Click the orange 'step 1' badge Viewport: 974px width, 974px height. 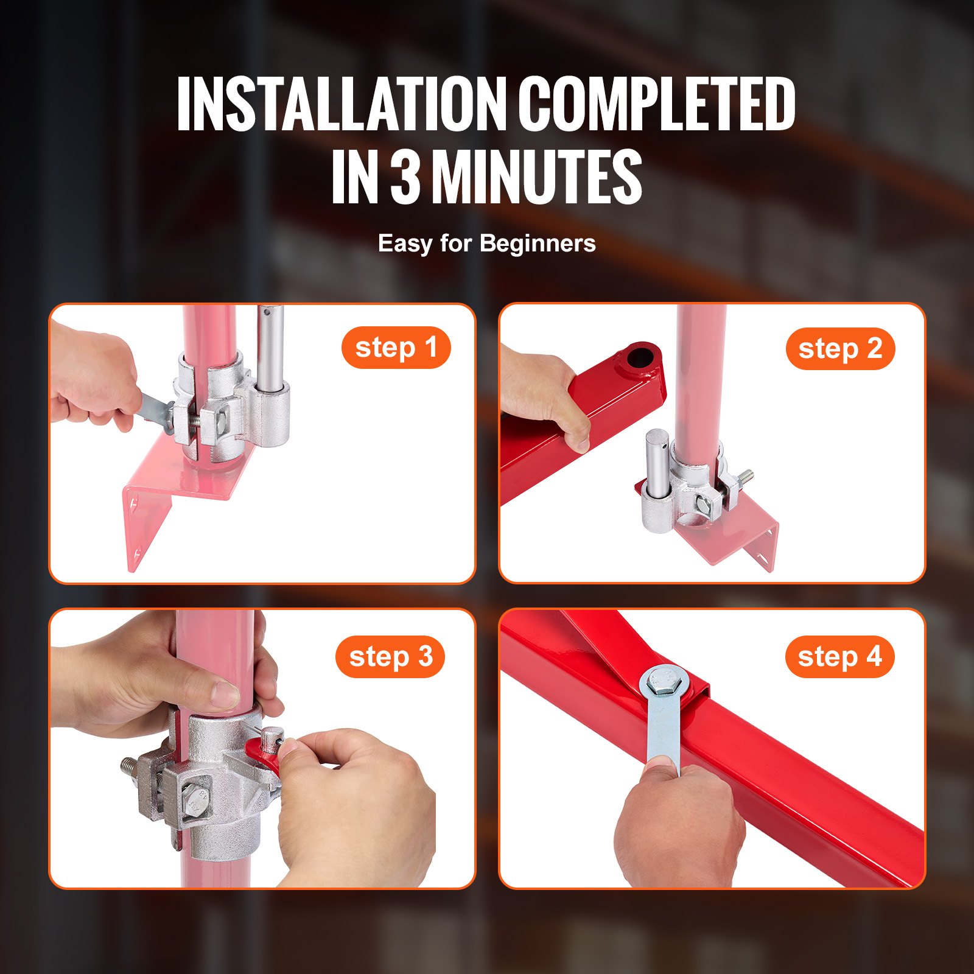[x=396, y=348]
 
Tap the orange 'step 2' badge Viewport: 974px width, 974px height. [x=840, y=349]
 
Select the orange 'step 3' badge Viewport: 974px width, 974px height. [x=390, y=657]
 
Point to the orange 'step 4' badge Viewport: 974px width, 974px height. [x=839, y=657]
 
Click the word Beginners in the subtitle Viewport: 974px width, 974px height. [x=538, y=243]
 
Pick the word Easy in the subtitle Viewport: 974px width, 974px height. [x=405, y=243]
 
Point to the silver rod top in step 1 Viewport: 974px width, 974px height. [x=270, y=317]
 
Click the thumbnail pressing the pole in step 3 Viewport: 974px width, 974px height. [x=226, y=695]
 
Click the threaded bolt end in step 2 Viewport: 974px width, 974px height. [x=746, y=475]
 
